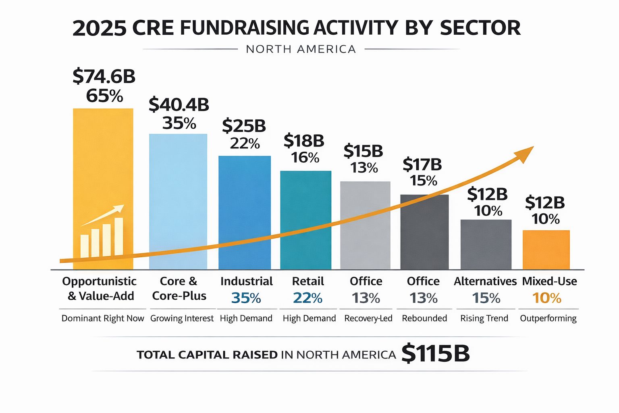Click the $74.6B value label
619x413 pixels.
[x=104, y=76]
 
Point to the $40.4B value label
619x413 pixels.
[x=179, y=104]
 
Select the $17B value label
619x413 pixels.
[x=422, y=165]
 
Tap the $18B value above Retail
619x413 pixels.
[x=304, y=141]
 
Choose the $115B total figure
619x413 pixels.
[x=436, y=354]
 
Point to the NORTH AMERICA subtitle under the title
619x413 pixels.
[x=301, y=49]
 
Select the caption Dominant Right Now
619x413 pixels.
[x=102, y=318]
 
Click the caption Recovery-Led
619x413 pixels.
[x=368, y=318]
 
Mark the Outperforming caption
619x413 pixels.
[x=548, y=318]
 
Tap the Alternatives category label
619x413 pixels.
[x=485, y=281]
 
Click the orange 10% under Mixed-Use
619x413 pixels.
[x=546, y=298]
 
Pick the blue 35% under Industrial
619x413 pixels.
[x=246, y=298]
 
